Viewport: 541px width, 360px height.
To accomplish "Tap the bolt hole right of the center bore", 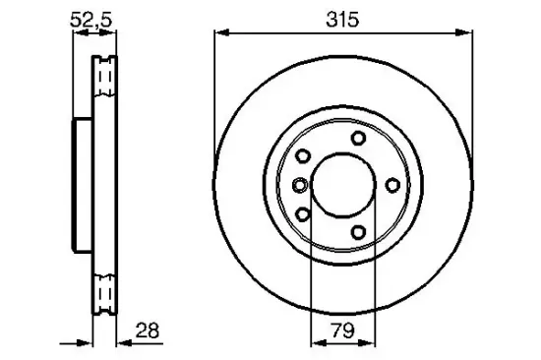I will tap(392, 184).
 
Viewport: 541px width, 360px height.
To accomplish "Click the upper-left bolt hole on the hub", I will tap(303, 156).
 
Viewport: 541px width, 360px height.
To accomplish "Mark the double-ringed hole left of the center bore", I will tap(298, 184).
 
